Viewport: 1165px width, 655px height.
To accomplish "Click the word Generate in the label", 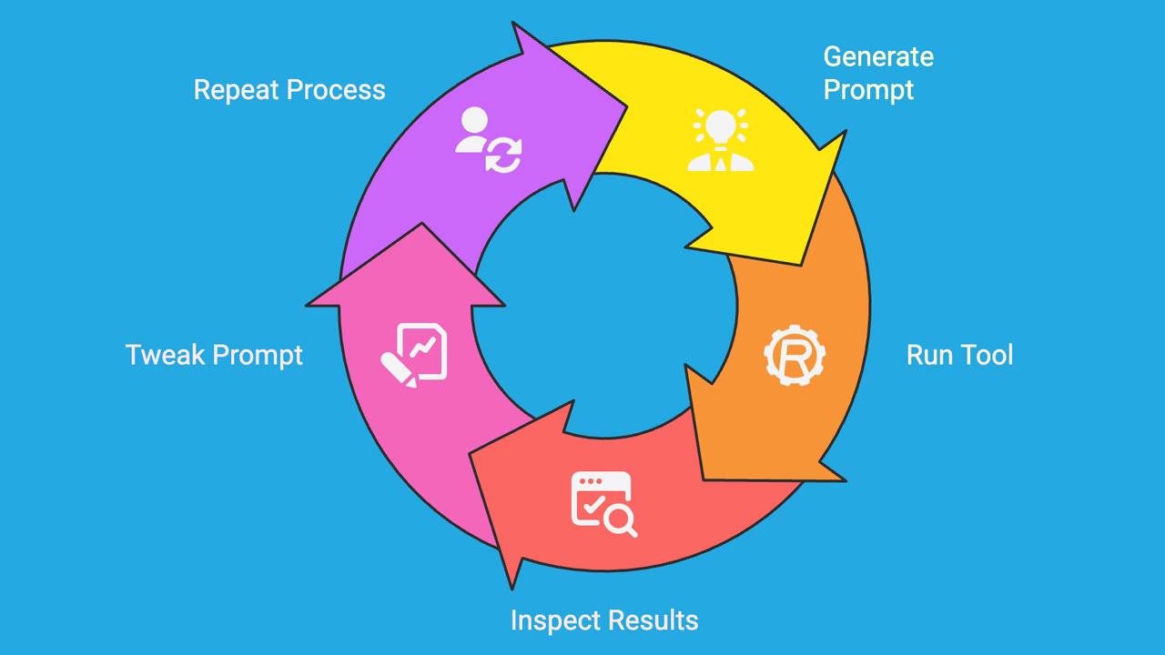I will tap(878, 56).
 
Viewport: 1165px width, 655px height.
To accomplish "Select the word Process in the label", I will tap(336, 90).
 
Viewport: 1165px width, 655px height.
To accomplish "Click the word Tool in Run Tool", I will tap(986, 355).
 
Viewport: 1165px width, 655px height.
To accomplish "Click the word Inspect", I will tap(555, 620).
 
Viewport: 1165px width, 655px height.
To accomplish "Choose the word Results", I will tap(653, 620).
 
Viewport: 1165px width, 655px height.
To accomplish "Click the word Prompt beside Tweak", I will tap(258, 355).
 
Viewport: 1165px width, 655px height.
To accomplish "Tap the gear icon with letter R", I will tap(794, 356).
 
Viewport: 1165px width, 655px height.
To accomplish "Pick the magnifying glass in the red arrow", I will tap(622, 520).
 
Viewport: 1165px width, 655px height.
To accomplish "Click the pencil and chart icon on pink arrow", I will tap(414, 356).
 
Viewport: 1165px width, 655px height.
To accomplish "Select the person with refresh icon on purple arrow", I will tap(490, 141).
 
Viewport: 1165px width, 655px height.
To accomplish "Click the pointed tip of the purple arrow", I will tap(626, 107).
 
